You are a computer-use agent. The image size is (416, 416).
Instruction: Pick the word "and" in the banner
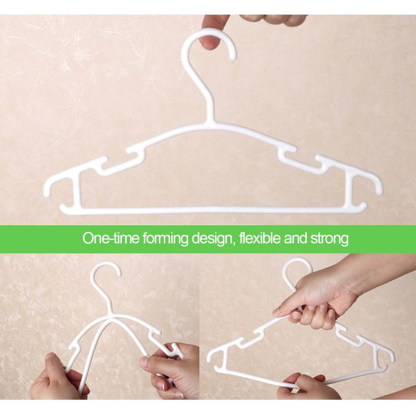(292, 240)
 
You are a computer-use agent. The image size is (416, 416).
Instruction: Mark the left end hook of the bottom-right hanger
(213, 354)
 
